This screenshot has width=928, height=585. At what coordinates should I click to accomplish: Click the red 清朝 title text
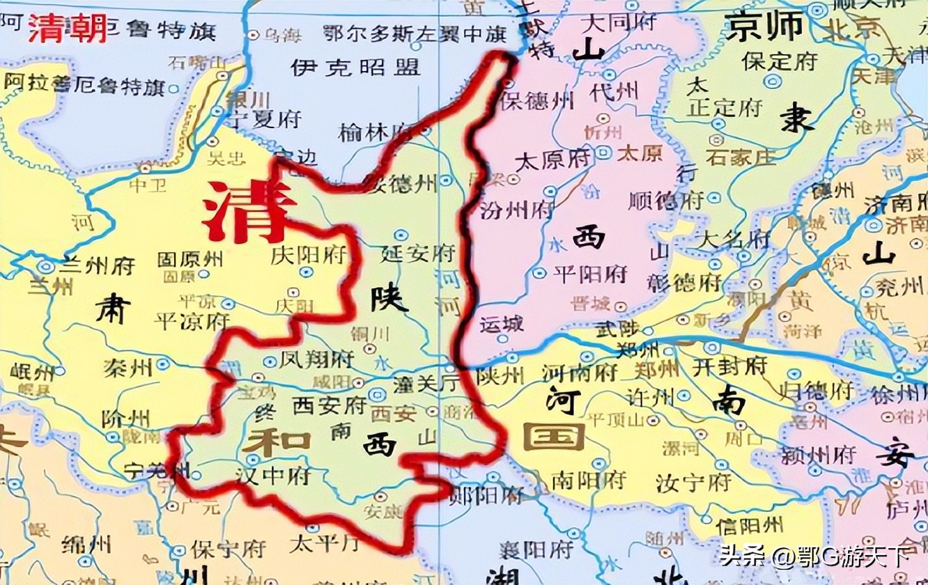pos(68,29)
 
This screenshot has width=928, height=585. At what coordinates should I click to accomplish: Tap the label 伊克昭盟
pos(355,67)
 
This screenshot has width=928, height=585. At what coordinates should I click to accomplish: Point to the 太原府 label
pos(552,160)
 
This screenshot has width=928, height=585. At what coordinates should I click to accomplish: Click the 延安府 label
pos(418,253)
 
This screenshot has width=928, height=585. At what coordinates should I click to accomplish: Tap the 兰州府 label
pos(97,265)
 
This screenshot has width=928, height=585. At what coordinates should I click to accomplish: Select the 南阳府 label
pos(588,480)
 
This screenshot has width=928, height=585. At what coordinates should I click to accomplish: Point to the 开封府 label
pos(729,365)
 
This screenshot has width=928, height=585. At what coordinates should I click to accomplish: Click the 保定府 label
pos(779,61)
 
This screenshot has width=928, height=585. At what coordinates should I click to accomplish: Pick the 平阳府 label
pos(589,273)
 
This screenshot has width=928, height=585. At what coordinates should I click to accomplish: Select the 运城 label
pos(501,325)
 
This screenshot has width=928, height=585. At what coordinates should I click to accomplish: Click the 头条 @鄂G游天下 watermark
pos(815,557)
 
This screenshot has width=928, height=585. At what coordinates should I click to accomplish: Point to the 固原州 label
pos(190,259)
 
